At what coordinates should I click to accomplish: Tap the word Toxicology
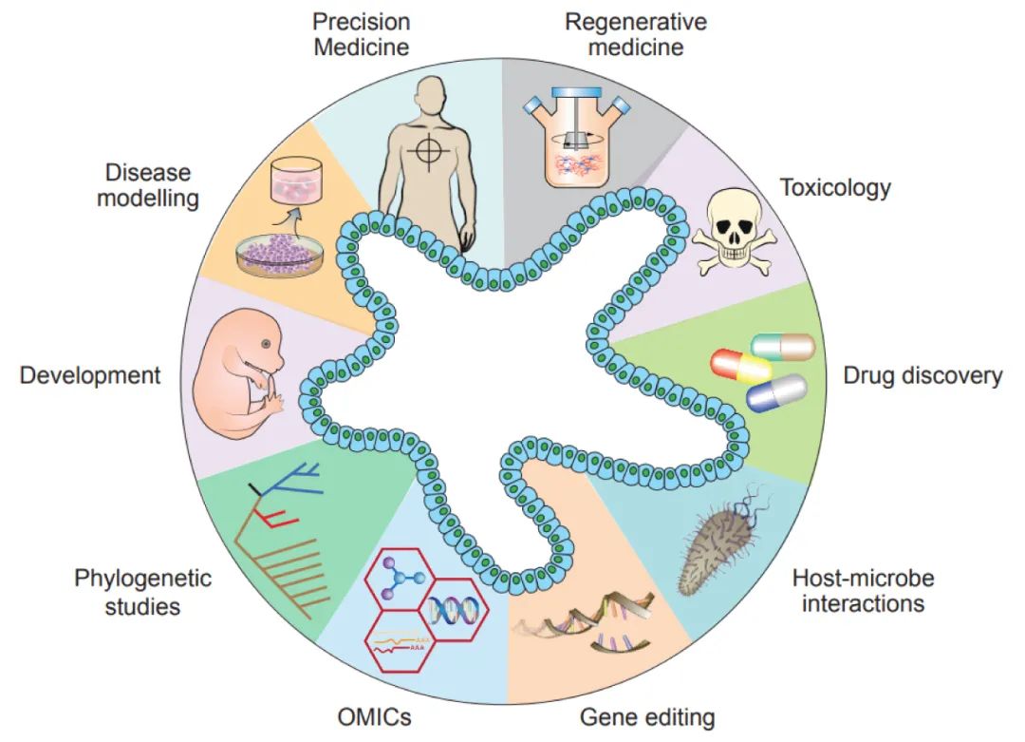(x=835, y=187)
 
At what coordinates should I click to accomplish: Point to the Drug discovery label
(x=922, y=375)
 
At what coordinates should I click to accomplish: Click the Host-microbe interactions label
(x=863, y=590)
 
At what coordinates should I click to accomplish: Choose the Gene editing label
(x=647, y=715)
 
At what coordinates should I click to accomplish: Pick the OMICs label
(x=374, y=715)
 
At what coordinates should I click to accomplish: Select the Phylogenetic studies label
(x=142, y=591)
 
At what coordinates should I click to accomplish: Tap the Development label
(x=90, y=374)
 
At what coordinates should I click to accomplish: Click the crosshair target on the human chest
(x=429, y=150)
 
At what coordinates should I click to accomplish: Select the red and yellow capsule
(x=741, y=367)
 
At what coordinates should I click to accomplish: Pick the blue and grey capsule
(x=776, y=392)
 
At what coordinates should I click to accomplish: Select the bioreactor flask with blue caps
(x=577, y=143)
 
